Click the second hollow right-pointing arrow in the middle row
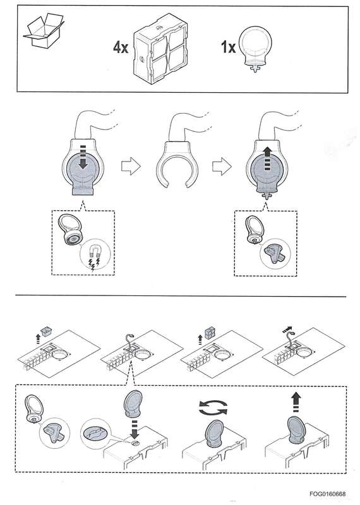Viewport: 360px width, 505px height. [220, 166]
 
